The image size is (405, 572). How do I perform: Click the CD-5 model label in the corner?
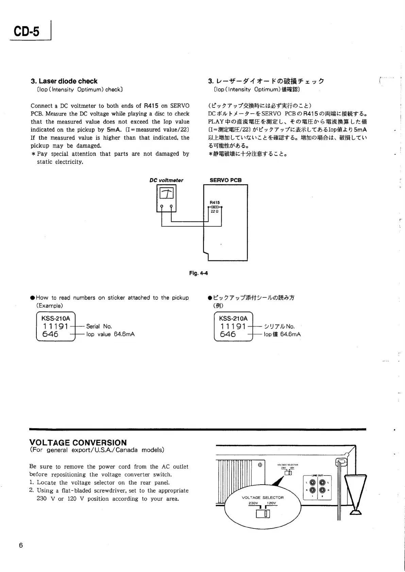[x=27, y=32]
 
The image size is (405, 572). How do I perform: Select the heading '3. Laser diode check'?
[x=64, y=81]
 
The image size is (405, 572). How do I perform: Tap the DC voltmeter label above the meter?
[x=166, y=180]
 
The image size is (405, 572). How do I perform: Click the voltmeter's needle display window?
[x=166, y=194]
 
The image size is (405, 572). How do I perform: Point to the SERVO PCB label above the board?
[x=225, y=180]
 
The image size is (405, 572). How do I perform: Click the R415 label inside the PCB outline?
[x=215, y=203]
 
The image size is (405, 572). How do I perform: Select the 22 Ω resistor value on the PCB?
[x=215, y=211]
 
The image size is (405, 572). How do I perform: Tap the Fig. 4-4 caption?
[x=198, y=273]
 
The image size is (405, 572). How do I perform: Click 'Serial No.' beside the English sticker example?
[x=99, y=326]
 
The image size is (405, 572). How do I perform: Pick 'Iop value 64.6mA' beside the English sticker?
[x=111, y=334]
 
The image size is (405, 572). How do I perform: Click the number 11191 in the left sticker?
[x=55, y=327]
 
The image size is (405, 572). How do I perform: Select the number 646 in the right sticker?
[x=228, y=334]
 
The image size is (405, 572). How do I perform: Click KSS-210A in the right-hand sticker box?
[x=233, y=318]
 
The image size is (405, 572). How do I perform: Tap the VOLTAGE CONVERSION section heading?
[x=78, y=443]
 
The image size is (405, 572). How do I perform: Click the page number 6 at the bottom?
[x=21, y=545]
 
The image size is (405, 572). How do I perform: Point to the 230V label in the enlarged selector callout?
[x=254, y=503]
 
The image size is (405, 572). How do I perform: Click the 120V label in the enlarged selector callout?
[x=271, y=503]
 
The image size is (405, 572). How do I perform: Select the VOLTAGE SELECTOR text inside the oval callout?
[x=263, y=498]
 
